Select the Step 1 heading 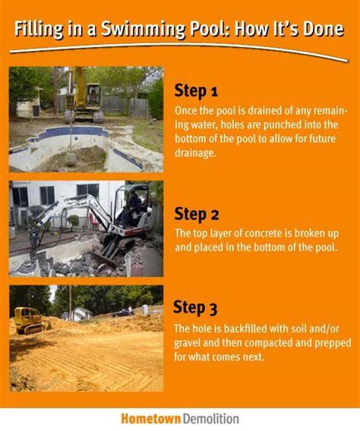point(196,92)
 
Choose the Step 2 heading point(196,212)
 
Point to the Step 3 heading point(195,307)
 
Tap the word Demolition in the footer point(210,418)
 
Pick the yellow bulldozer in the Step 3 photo point(30,319)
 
